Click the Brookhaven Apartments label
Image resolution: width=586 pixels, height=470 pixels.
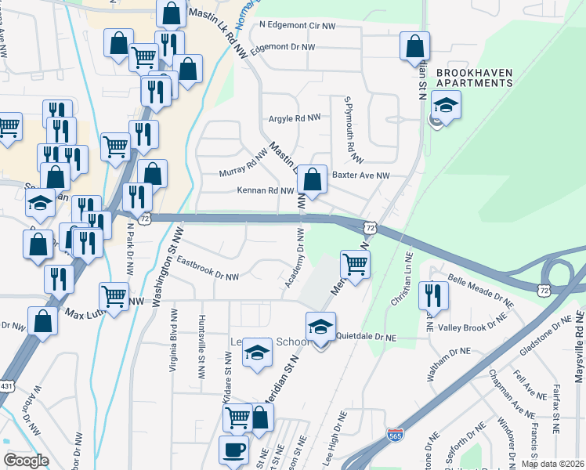coord(474,77)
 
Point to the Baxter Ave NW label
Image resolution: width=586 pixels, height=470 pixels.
coord(360,175)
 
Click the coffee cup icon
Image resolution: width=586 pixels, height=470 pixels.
coord(233,451)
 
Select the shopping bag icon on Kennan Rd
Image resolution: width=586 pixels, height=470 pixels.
coord(313,179)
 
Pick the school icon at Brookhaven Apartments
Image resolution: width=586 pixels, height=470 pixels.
coord(446,105)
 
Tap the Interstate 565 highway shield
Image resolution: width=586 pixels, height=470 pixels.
coord(396,433)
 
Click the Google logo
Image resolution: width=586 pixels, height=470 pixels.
coord(26,460)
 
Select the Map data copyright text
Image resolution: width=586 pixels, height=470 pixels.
coord(552,464)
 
